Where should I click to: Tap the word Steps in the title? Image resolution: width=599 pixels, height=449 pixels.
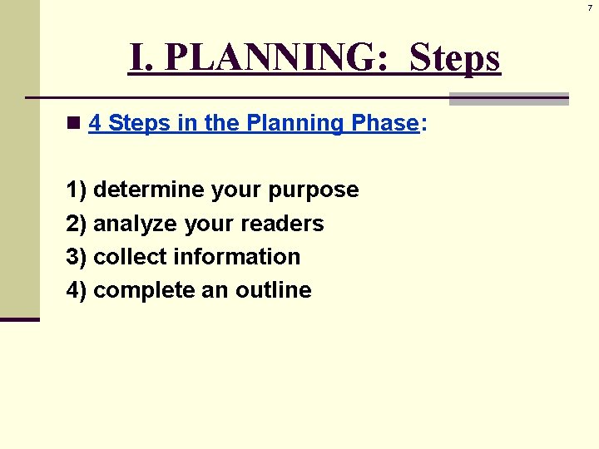pyautogui.click(x=455, y=58)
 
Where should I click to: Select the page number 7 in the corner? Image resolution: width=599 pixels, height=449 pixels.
pyautogui.click(x=590, y=7)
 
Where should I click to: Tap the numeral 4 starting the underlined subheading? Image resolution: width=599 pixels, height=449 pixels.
pyautogui.click(x=95, y=124)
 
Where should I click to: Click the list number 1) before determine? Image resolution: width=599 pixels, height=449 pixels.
pyautogui.click(x=77, y=190)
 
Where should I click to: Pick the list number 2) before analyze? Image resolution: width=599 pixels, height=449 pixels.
pyautogui.click(x=77, y=224)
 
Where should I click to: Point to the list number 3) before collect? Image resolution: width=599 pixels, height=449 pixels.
pyautogui.click(x=77, y=257)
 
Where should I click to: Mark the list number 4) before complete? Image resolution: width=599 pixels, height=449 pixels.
pyautogui.click(x=77, y=290)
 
